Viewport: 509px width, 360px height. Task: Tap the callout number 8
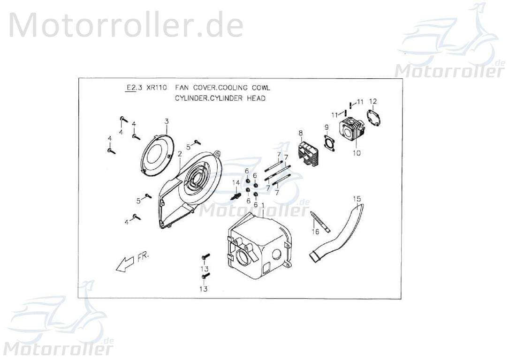[300, 133]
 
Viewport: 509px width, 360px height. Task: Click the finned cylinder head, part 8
[308, 153]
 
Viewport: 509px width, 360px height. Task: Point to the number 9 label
[326, 127]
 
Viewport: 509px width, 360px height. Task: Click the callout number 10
[357, 153]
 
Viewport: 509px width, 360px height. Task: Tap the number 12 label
[373, 101]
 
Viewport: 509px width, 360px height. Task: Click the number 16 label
[315, 232]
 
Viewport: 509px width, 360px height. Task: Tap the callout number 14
[236, 182]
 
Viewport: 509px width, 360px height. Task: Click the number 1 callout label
[263, 205]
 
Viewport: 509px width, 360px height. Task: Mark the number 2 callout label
[179, 154]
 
